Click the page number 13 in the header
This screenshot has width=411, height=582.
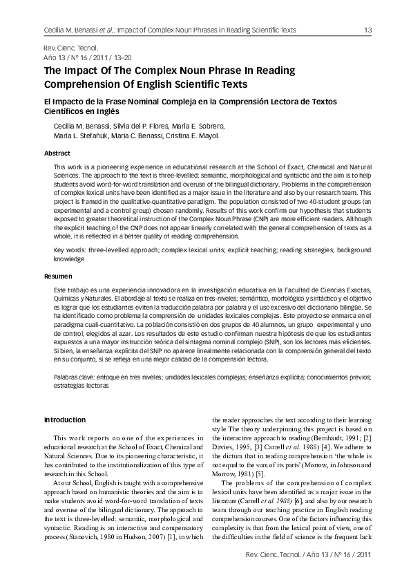(368, 30)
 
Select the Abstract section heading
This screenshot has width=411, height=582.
(57, 153)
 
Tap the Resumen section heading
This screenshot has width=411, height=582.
(58, 276)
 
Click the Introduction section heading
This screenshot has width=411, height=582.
(65, 420)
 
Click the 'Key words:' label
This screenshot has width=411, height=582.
(70, 248)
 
